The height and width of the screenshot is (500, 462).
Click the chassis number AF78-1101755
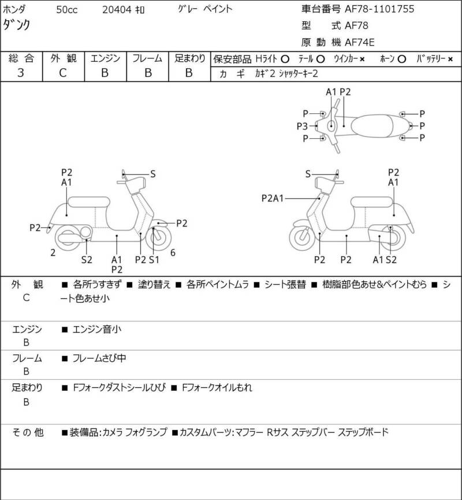(x=379, y=9)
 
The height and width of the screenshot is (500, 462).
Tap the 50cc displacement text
(x=67, y=10)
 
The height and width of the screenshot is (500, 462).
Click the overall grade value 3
(x=21, y=73)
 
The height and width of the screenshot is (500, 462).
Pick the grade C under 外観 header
(x=63, y=73)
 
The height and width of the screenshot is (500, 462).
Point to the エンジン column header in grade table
(x=106, y=58)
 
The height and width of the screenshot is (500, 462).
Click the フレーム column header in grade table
(x=147, y=58)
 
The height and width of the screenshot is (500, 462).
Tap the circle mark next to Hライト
(x=285, y=59)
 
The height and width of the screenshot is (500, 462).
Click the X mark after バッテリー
(x=450, y=59)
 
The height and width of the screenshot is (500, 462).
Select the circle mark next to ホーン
(x=402, y=59)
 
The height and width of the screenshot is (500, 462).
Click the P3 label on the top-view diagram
(x=302, y=126)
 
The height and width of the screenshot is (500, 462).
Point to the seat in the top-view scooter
(x=371, y=126)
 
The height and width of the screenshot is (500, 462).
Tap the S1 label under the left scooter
(x=154, y=260)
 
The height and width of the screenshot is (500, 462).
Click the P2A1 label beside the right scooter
(x=273, y=198)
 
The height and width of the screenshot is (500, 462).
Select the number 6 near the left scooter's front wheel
(x=173, y=253)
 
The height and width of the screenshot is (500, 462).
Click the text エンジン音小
(x=97, y=329)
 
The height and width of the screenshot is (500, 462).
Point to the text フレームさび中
(x=99, y=358)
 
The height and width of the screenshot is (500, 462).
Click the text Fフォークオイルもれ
(x=217, y=387)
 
